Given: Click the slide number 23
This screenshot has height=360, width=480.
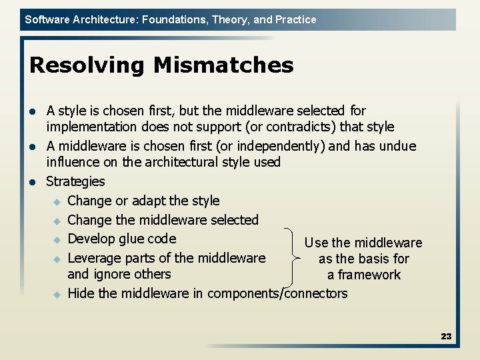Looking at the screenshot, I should click(446, 337).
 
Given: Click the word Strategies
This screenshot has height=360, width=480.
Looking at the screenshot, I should click(75, 181).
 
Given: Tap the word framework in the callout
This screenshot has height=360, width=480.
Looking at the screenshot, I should click(369, 275).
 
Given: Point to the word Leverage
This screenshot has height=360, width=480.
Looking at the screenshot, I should click(95, 258).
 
